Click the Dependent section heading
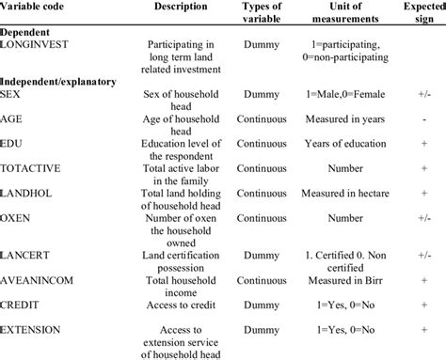tap(30, 32)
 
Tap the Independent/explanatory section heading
tap(60, 82)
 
